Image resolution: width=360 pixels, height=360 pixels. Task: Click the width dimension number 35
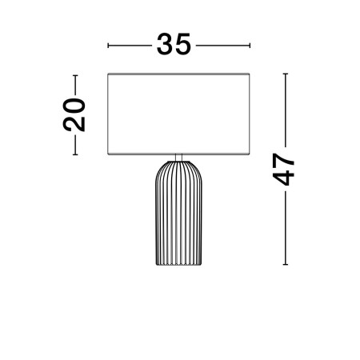[x=174, y=44]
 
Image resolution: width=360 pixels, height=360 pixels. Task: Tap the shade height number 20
[x=74, y=115]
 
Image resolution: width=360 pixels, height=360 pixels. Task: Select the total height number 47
[x=283, y=170]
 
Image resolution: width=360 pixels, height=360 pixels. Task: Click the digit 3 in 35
[x=165, y=44]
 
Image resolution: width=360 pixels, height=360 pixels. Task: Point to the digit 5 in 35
[x=183, y=45]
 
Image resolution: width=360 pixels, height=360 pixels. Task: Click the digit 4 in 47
[x=283, y=178]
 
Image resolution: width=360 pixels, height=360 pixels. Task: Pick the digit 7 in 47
[x=283, y=161]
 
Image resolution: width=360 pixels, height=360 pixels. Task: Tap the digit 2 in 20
[x=74, y=124]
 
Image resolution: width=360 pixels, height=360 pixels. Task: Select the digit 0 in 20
[x=74, y=106]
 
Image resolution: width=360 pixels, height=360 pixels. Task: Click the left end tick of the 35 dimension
[x=108, y=46]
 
